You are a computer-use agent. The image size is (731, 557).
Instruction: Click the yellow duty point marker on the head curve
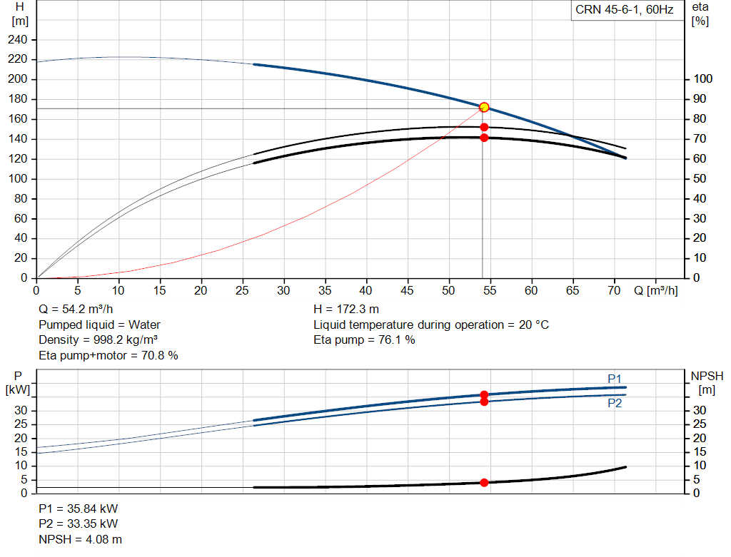[x=484, y=107]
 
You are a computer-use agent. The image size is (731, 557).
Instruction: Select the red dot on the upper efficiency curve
[x=484, y=127]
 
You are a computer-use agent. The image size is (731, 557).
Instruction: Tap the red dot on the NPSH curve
[x=484, y=483]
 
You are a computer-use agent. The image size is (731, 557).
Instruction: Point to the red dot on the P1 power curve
[x=484, y=394]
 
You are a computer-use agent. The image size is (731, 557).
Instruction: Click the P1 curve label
[x=615, y=379]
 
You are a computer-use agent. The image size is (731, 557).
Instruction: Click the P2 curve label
[x=615, y=403]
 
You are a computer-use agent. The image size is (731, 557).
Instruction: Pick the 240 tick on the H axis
[x=18, y=40]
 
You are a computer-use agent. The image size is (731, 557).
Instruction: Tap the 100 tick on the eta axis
[x=703, y=78]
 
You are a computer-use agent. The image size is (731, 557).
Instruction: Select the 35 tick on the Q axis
[x=325, y=290]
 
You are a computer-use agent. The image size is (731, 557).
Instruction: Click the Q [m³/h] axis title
[x=656, y=290]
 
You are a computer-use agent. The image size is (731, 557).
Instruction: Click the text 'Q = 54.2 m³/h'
[x=76, y=310]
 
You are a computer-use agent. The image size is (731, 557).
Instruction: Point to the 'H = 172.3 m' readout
[x=346, y=310]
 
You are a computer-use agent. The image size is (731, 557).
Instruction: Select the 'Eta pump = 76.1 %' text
[x=364, y=340]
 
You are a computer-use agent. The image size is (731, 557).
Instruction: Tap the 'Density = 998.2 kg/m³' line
[x=98, y=340]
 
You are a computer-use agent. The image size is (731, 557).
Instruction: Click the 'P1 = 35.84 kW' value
[x=79, y=509]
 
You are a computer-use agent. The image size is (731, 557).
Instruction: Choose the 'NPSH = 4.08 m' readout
[x=80, y=539]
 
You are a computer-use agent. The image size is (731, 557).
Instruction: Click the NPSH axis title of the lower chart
[x=707, y=383]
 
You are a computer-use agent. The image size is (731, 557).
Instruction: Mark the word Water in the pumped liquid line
[x=144, y=325]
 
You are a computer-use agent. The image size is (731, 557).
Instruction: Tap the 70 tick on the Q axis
[x=614, y=290]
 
